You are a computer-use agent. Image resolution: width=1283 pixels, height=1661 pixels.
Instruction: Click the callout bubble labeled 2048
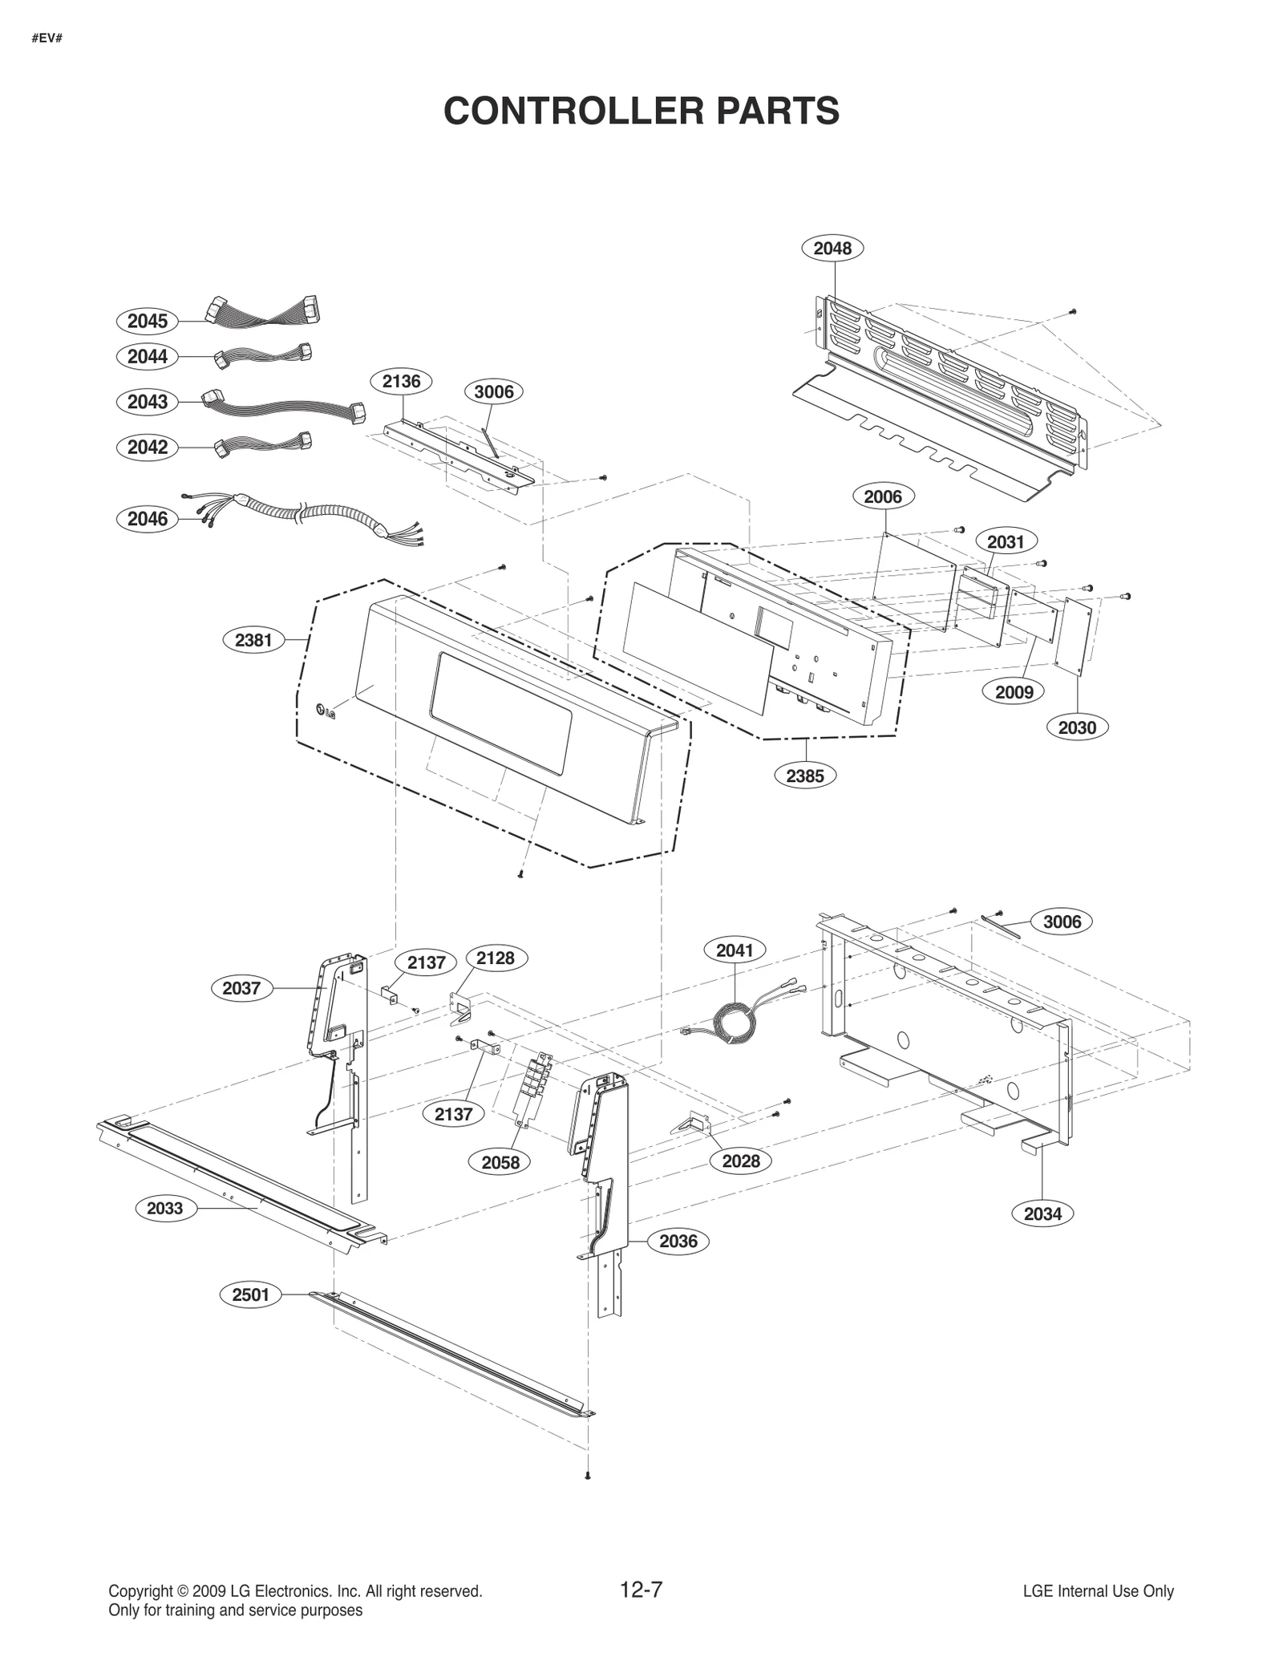832,249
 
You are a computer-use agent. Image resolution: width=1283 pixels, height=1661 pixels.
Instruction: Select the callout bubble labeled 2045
148,321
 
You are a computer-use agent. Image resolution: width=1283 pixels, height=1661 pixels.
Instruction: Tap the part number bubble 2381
253,640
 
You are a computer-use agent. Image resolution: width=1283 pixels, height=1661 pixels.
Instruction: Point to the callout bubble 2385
804,776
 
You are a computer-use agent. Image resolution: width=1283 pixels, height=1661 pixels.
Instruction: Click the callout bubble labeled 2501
250,1294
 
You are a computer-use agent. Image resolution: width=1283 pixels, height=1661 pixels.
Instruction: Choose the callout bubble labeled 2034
1042,1213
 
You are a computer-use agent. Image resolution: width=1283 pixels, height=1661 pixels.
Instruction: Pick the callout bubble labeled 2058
500,1162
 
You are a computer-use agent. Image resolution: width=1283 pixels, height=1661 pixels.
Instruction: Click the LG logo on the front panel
326,711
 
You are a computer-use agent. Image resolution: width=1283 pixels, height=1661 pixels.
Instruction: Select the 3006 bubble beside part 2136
493,391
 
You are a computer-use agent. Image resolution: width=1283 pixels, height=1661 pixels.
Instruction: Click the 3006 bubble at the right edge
1062,922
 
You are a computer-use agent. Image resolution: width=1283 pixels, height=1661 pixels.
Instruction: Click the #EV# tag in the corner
47,38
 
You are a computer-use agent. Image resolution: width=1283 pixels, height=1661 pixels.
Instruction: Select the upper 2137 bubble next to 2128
426,962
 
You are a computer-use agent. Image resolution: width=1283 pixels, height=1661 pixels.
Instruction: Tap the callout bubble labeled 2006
882,496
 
